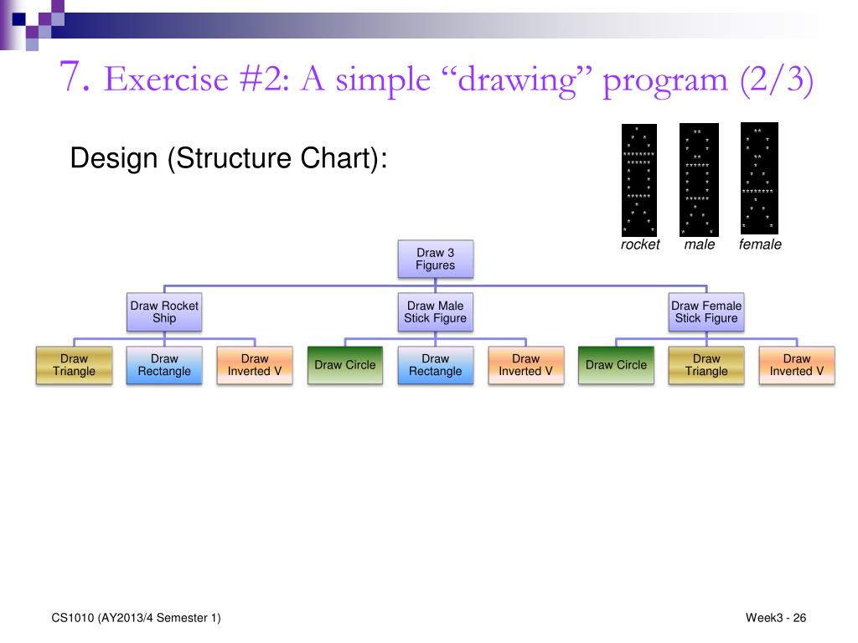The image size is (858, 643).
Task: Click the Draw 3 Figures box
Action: (436, 259)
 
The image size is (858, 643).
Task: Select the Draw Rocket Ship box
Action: (164, 311)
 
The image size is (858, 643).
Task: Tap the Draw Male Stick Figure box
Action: (436, 311)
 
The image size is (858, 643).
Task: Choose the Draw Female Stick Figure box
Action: (706, 311)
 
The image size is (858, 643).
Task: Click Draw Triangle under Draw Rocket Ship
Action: (74, 365)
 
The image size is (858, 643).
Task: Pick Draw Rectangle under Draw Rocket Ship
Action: (164, 365)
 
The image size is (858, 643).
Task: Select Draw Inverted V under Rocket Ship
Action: (255, 365)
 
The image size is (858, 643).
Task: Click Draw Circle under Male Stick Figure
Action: (345, 365)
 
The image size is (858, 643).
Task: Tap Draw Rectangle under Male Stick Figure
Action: (436, 365)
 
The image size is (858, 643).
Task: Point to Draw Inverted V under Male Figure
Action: (526, 365)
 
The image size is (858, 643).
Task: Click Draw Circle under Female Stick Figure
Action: (616, 365)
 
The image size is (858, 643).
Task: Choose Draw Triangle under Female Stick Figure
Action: (706, 365)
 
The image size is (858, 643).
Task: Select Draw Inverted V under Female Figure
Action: (797, 365)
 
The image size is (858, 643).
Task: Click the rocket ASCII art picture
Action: (639, 180)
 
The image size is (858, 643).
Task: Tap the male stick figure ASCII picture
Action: (699, 180)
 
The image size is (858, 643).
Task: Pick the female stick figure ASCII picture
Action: (759, 178)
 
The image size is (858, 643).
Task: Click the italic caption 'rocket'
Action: (640, 244)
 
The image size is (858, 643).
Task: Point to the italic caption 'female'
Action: (760, 244)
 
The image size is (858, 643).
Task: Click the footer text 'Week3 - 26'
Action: (775, 618)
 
